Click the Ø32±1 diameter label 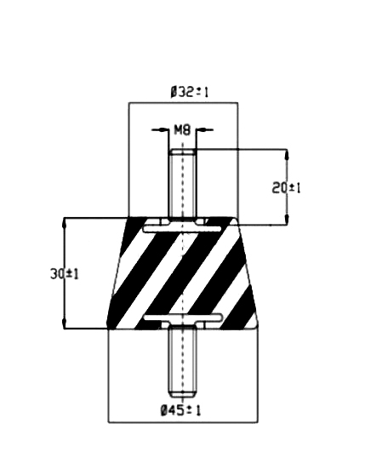point(190,92)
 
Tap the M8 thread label point(182,130)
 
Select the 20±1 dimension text point(286,188)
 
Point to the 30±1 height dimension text point(65,274)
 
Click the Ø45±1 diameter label point(180,410)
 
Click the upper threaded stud point(182,183)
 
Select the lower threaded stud point(182,360)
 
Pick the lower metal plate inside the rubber point(183,318)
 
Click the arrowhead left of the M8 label point(163,130)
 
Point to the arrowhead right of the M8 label point(201,130)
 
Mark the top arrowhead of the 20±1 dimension point(287,154)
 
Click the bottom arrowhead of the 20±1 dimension point(287,219)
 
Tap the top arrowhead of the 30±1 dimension point(64,223)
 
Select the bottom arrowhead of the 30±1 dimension point(64,323)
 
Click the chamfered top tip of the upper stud point(182,151)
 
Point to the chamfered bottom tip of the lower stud point(182,395)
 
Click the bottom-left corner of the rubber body point(108,329)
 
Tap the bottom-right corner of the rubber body point(258,329)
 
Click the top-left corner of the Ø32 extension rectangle point(128,103)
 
